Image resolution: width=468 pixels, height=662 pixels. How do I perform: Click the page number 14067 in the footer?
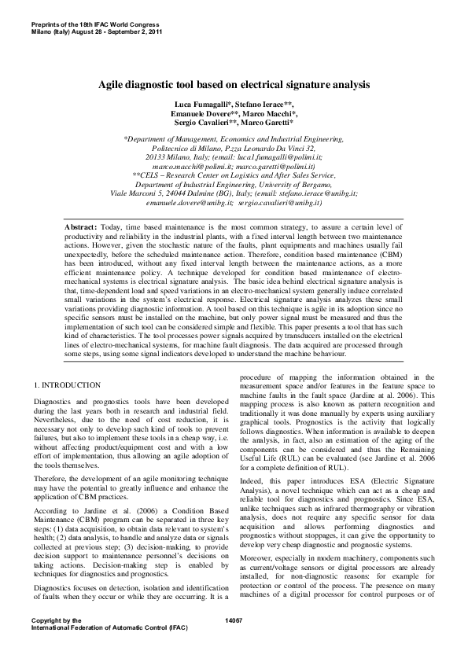(234, 643)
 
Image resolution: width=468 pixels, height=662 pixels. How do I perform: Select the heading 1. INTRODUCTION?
(68, 385)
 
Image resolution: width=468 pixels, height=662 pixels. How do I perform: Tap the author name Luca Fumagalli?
(201, 105)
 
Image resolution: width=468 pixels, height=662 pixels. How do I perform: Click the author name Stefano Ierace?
(266, 105)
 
